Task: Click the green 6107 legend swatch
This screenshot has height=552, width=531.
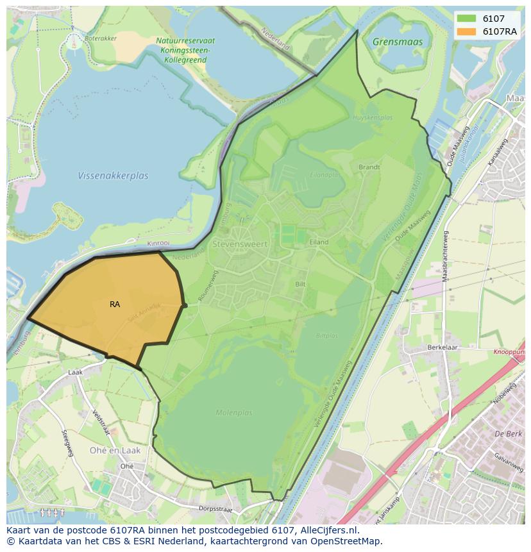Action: [x=466, y=19]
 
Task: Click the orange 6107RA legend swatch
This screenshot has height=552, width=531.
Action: [x=466, y=31]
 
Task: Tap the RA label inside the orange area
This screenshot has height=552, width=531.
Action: [x=115, y=305]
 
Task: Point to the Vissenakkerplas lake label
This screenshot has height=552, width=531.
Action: [x=113, y=175]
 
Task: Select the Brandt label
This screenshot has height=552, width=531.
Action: [x=369, y=167]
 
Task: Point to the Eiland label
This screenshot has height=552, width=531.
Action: [x=318, y=242]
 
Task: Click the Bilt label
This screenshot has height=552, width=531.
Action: [x=301, y=283]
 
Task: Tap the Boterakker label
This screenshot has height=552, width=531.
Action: [x=101, y=38]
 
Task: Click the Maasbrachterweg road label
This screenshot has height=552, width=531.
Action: [x=445, y=256]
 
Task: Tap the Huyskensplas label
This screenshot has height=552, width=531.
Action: [x=373, y=118]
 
